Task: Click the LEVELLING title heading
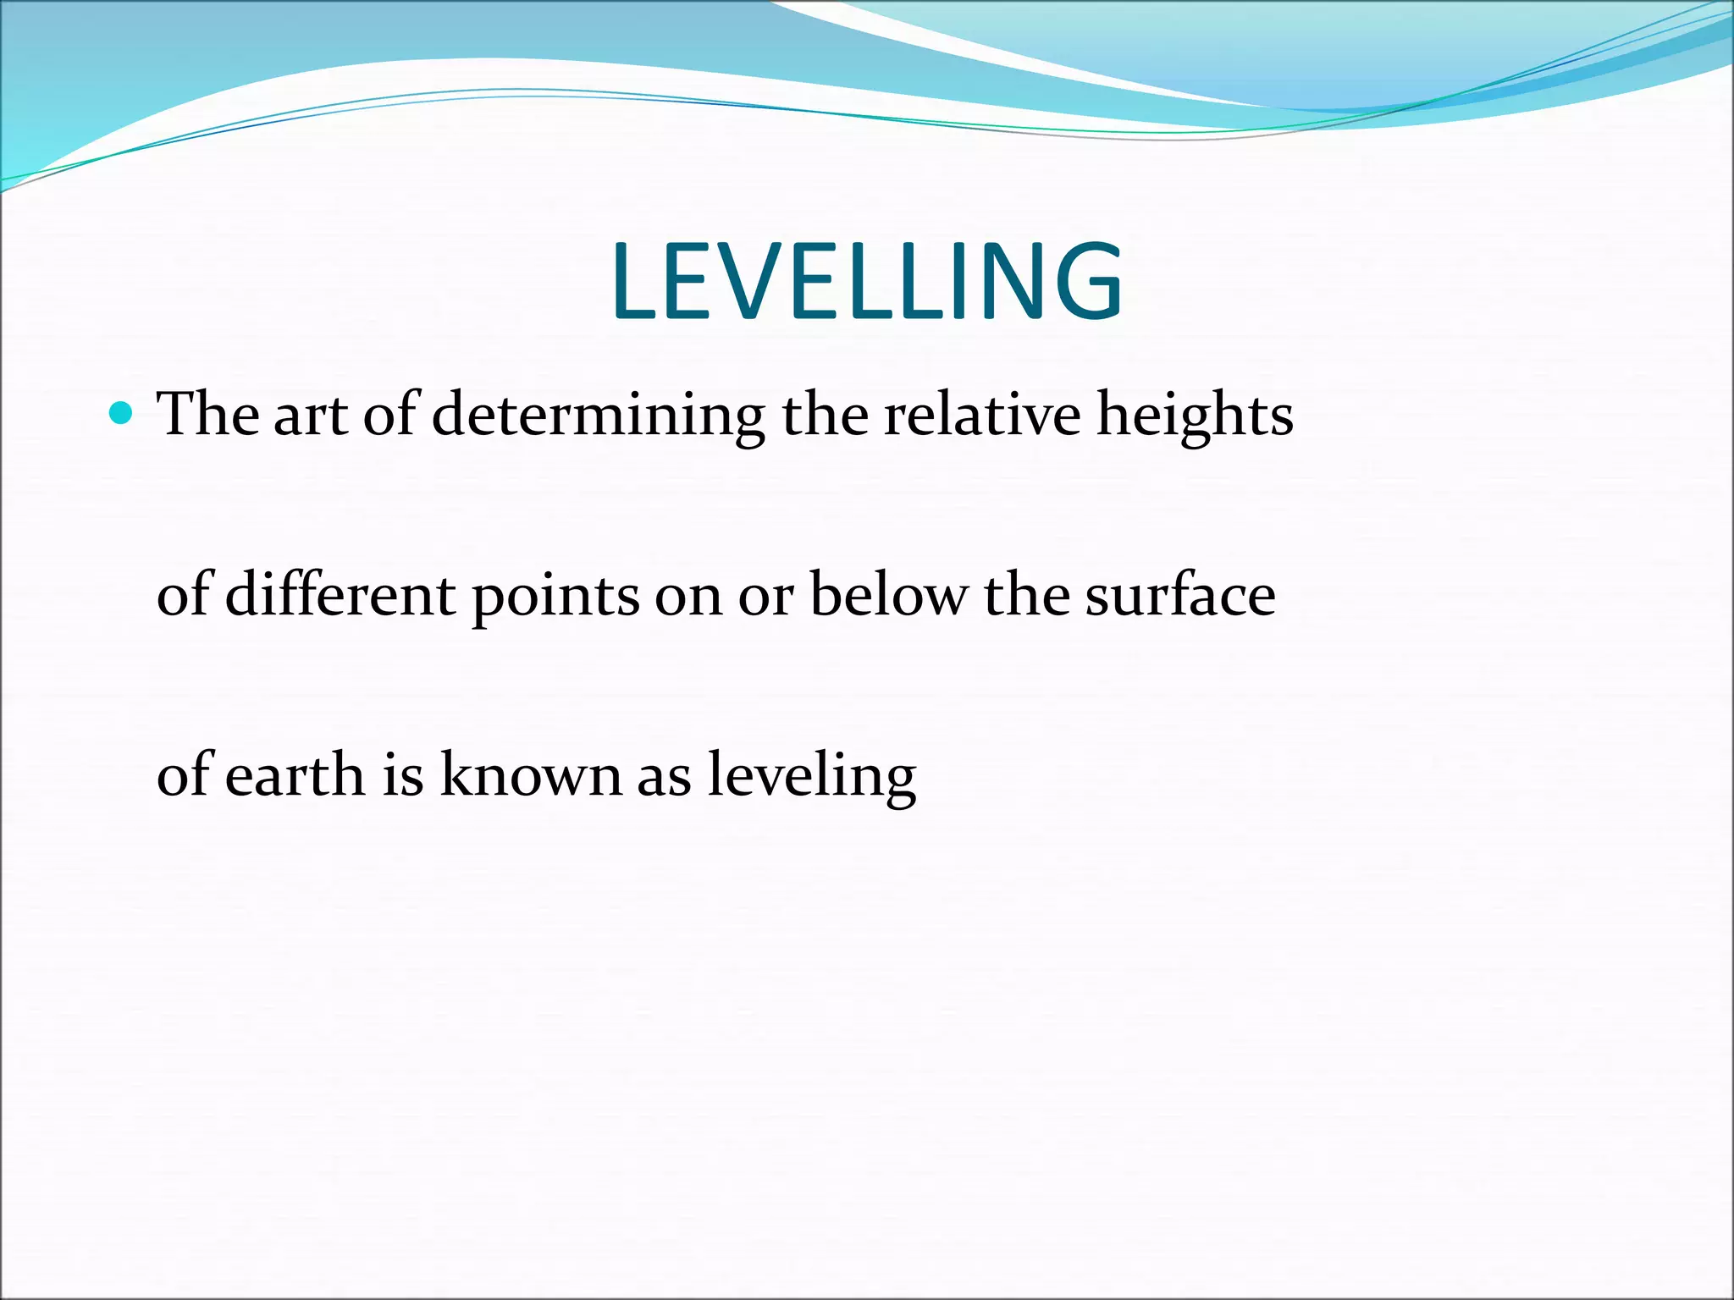point(867,282)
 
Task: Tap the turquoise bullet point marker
point(123,414)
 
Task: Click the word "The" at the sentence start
point(208,415)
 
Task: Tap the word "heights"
point(1195,416)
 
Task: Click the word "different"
point(341,594)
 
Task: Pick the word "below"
point(887,594)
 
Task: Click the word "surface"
point(1180,594)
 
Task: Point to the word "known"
point(531,774)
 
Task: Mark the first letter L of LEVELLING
point(633,282)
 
